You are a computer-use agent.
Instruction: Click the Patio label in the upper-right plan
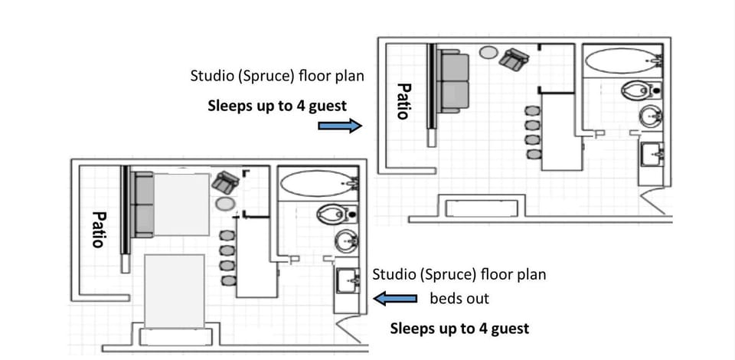(403, 101)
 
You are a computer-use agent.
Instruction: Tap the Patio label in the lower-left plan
(97, 229)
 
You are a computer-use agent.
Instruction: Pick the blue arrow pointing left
(395, 298)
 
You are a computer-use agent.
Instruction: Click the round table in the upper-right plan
(488, 53)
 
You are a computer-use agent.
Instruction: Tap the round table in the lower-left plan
(224, 204)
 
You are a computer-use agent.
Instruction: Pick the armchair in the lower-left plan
(225, 182)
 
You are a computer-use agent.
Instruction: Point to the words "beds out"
(459, 298)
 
